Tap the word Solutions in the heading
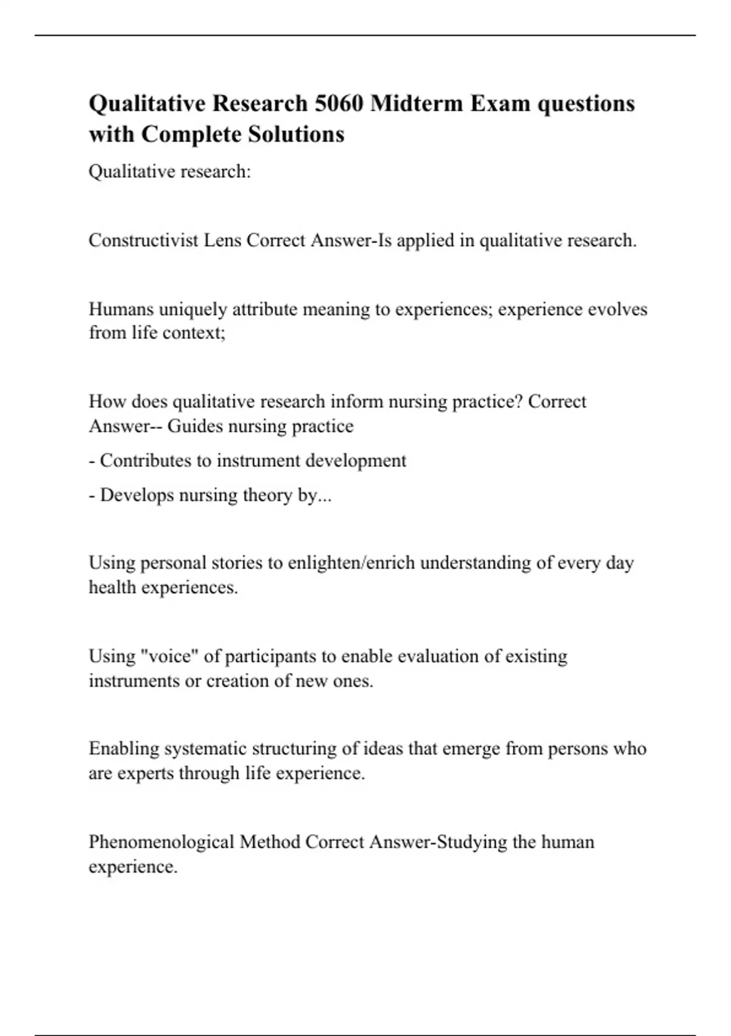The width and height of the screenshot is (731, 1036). [295, 134]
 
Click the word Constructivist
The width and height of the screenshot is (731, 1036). [144, 241]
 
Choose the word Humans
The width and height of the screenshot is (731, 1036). [121, 310]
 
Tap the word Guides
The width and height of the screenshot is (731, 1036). [195, 426]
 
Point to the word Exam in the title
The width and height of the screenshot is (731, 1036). [500, 104]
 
